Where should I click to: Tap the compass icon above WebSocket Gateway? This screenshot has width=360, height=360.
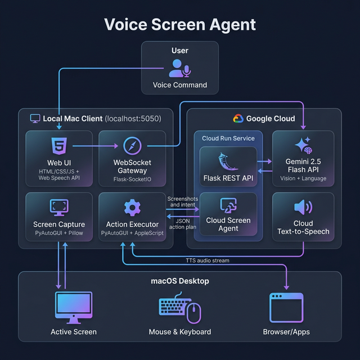coord(132,146)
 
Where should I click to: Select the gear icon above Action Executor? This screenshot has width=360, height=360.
coord(132,208)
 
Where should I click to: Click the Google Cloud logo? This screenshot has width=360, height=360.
coord(237,119)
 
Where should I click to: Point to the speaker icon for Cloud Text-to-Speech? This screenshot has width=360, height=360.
coord(303,207)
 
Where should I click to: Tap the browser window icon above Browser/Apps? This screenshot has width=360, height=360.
coord(286,307)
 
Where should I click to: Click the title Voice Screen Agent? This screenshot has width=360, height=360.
coord(180,25)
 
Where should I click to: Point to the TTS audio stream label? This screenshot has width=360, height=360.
coord(208,260)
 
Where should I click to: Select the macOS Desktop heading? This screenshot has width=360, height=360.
coord(180,281)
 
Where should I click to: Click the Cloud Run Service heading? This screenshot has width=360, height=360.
coord(228,138)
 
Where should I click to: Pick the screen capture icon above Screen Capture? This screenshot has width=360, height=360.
coord(59,207)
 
